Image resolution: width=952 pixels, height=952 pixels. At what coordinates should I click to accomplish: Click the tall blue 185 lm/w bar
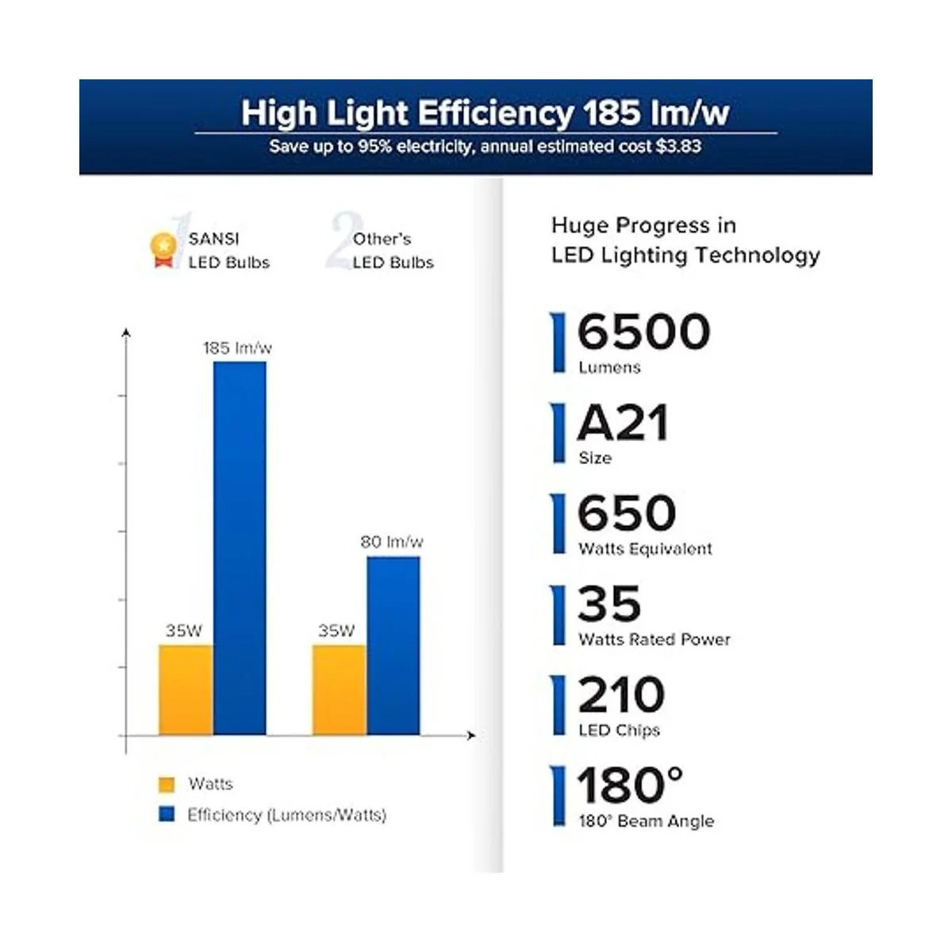point(240,547)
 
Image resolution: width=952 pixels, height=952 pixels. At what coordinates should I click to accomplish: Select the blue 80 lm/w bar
point(393,645)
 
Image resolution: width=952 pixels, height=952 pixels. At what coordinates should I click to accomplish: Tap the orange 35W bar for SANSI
point(186,689)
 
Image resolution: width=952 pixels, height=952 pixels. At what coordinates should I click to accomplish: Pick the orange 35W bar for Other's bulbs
point(339,689)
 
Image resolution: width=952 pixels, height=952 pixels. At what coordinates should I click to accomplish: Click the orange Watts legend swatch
point(167,785)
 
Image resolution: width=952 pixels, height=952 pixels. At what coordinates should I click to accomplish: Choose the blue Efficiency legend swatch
point(167,814)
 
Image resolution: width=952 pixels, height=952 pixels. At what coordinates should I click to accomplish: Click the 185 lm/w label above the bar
point(237,347)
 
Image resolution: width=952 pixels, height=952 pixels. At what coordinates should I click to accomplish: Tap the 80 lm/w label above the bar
point(391,542)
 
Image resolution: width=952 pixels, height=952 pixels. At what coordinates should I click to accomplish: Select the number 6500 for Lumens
point(643,332)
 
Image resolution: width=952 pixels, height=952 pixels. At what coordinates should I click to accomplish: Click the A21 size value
point(623,423)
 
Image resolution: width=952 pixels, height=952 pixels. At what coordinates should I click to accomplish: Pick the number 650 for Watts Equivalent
point(627,513)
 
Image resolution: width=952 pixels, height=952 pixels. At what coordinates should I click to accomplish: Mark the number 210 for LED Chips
point(621,695)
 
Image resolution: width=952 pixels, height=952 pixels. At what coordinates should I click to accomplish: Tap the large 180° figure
point(630,785)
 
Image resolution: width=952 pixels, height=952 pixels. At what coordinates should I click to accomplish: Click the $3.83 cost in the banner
point(678,147)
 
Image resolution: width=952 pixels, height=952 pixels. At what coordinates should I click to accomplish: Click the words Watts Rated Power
point(654,639)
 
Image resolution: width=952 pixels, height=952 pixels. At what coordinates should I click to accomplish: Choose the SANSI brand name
point(213,239)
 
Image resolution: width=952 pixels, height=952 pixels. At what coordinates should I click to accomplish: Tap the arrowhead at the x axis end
point(472,735)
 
